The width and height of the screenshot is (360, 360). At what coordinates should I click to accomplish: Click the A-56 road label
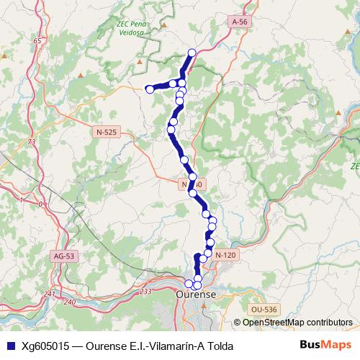tap(240, 22)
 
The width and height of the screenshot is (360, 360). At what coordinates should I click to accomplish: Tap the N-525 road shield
tap(106, 132)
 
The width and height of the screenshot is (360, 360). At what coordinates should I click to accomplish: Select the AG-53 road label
tap(64, 256)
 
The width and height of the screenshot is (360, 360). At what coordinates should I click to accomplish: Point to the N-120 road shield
tap(225, 255)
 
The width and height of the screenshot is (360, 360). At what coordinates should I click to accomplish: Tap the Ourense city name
tap(197, 295)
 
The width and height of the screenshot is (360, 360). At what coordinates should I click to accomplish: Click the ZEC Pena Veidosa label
tap(135, 27)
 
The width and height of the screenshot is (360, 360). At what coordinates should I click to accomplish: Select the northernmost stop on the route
tap(192, 52)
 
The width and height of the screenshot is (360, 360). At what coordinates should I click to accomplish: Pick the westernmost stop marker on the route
tap(149, 89)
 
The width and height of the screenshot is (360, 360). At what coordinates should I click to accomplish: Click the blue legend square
tap(10, 346)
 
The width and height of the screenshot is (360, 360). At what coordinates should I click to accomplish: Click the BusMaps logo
tap(325, 345)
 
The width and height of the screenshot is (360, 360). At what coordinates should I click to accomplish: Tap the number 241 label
tap(49, 294)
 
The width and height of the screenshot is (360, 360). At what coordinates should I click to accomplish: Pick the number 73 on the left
tap(31, 143)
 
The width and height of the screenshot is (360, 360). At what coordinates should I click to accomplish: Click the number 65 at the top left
tap(37, 41)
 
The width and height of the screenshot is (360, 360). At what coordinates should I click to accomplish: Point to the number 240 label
tap(69, 302)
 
